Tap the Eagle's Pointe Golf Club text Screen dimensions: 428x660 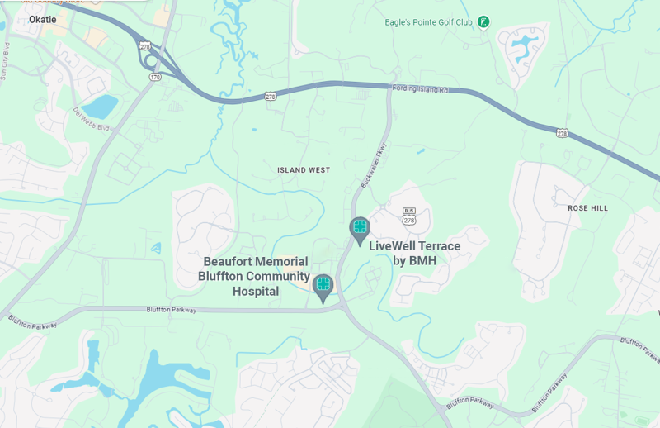tap(428, 22)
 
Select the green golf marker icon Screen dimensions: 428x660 tap(483, 21)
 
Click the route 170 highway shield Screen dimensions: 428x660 tap(155, 78)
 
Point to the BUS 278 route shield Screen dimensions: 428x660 tap(408, 216)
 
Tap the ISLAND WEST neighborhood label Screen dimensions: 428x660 tap(303, 170)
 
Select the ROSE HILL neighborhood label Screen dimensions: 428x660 tap(587, 208)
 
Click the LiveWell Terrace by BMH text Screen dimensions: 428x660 tap(414, 253)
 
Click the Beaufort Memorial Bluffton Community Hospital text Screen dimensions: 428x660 tap(256, 276)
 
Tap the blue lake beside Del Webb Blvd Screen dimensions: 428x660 tap(101, 107)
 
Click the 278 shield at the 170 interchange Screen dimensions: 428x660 tap(145, 46)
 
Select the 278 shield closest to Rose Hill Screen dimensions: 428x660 tap(562, 132)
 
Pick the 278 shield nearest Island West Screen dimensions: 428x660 tap(271, 97)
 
